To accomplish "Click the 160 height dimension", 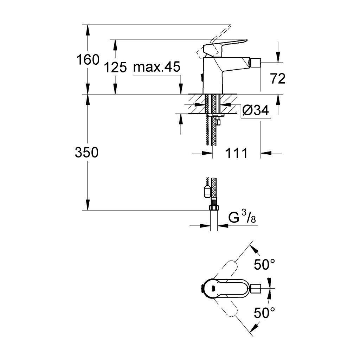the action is (x=88, y=59).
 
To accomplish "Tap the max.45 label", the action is (x=157, y=67).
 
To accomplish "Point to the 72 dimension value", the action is (x=278, y=79).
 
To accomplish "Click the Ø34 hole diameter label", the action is (x=256, y=110).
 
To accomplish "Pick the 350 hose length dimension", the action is (x=87, y=152).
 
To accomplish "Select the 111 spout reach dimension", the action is (x=237, y=153).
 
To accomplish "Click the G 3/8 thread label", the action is (x=242, y=217).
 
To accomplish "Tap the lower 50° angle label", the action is (x=264, y=313).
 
